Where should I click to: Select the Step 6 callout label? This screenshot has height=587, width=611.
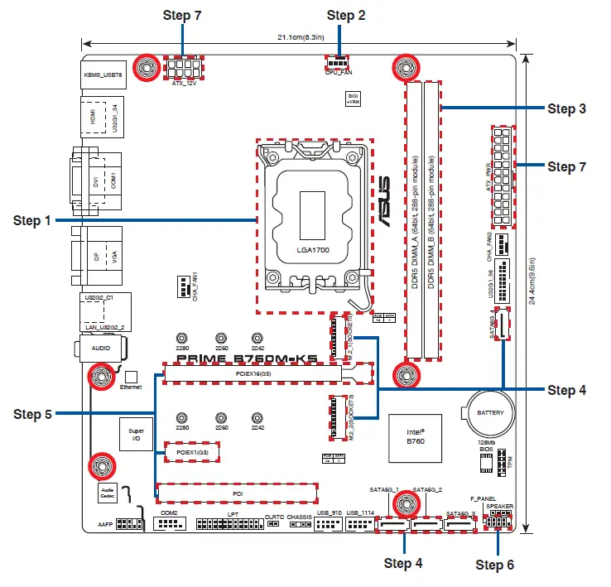tap(495, 565)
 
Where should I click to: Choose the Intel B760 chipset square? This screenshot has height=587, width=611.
tap(416, 436)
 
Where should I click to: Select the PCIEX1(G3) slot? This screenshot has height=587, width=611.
tap(192, 451)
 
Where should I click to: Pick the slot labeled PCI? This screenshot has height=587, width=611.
tap(238, 493)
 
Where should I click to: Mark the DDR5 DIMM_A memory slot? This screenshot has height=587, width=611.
tap(413, 219)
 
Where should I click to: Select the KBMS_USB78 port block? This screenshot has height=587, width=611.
tap(103, 75)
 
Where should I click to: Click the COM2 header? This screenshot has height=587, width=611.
tap(170, 523)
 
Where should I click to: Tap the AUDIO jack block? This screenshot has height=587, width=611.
tap(103, 349)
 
